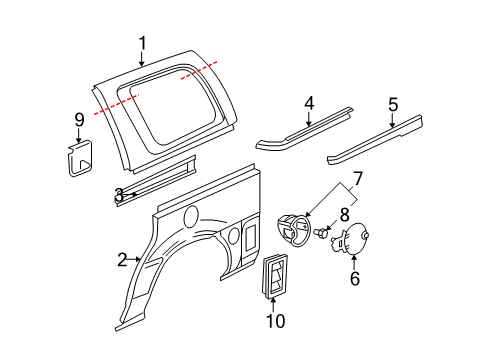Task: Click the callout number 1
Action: tap(142, 42)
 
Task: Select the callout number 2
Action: tap(122, 260)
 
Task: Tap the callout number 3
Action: tap(118, 195)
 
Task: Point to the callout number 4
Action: tap(310, 102)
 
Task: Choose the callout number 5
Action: tap(393, 103)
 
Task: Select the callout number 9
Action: tap(79, 120)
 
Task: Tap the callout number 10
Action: tap(275, 320)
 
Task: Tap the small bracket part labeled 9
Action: tap(79, 159)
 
